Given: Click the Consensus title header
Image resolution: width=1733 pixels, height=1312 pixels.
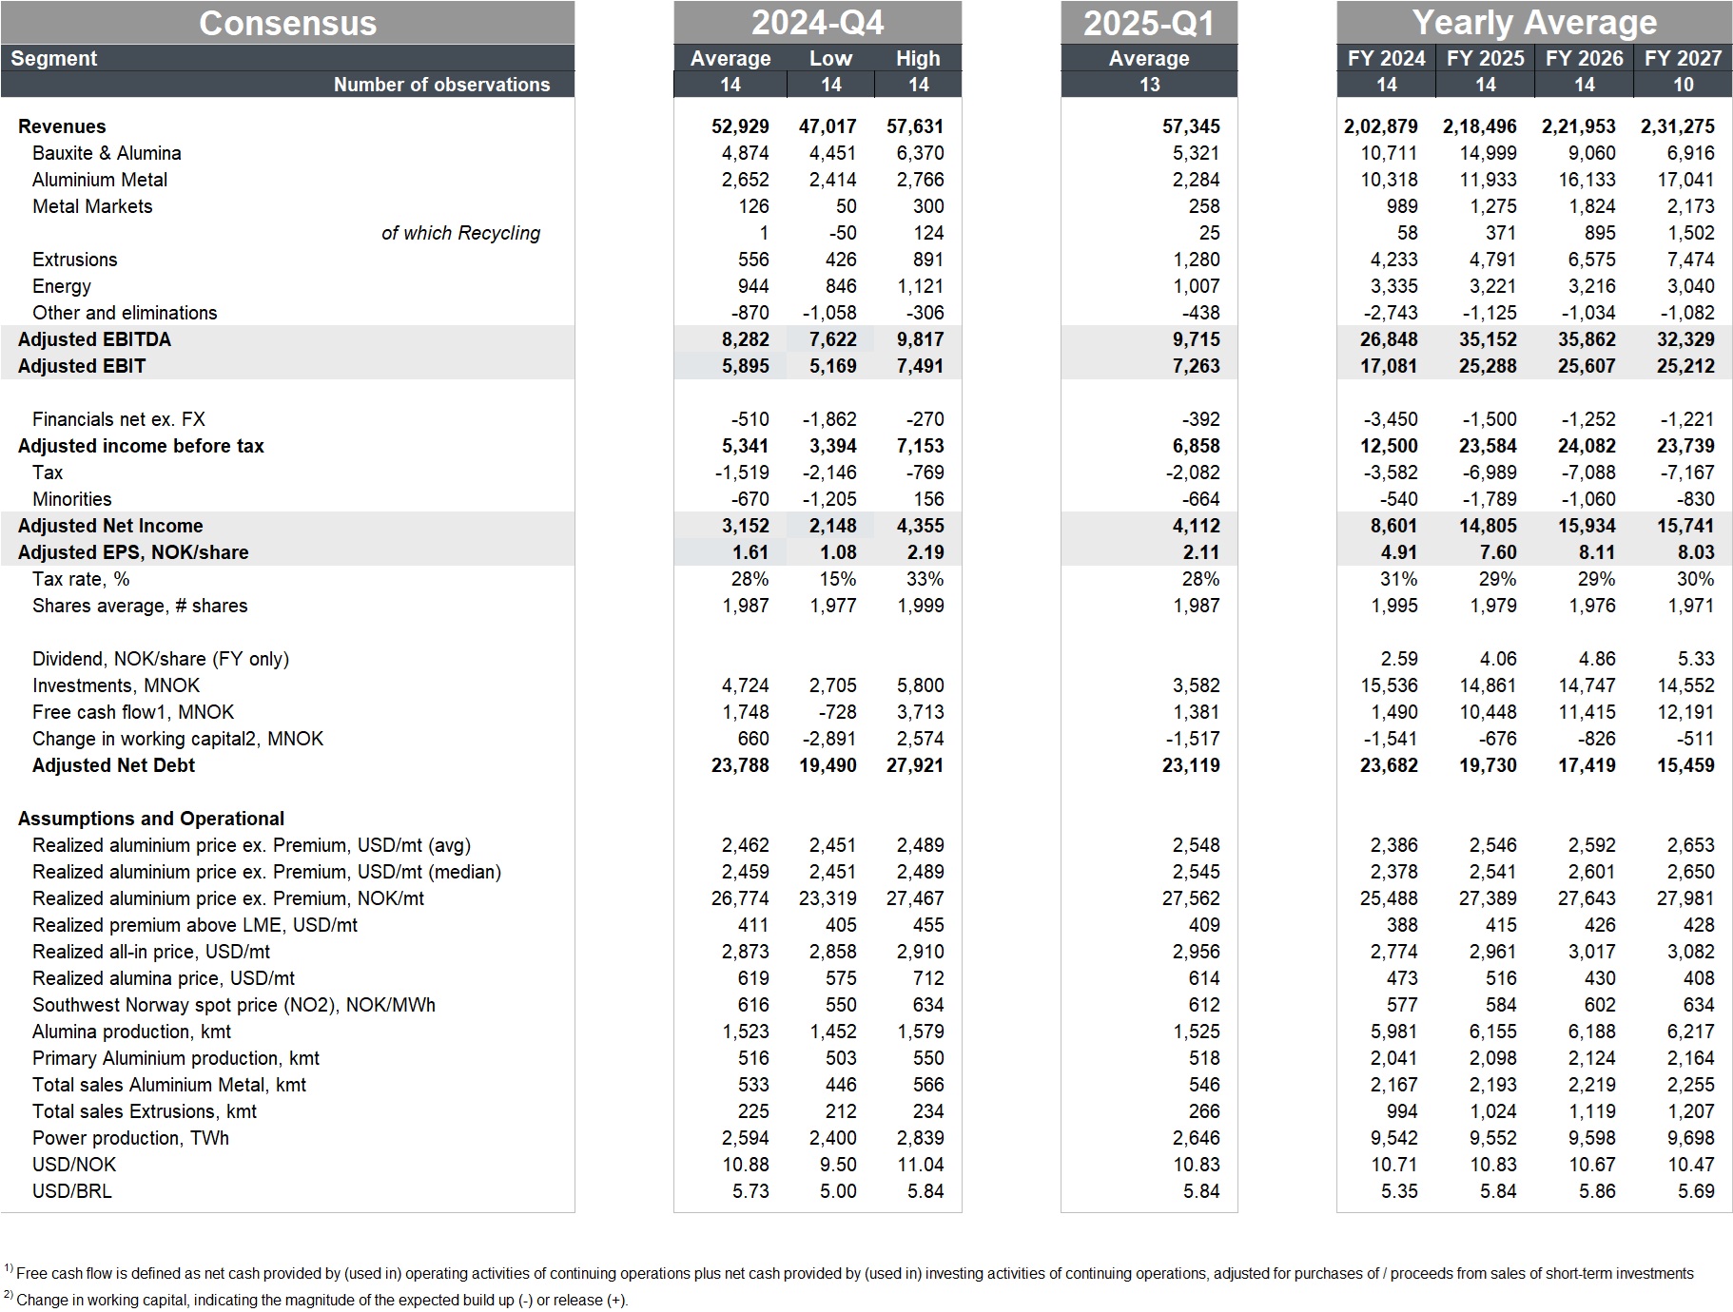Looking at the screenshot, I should [287, 23].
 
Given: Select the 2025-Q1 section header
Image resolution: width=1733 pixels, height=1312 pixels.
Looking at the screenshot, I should [1149, 23].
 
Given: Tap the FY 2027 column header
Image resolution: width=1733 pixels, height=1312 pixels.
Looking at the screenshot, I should [1683, 58].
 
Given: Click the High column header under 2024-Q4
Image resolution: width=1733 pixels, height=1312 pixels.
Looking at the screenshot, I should [918, 58].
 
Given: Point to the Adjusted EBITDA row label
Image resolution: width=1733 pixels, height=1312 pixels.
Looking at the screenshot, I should [94, 339].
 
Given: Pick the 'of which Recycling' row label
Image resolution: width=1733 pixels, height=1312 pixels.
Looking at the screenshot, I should [460, 233].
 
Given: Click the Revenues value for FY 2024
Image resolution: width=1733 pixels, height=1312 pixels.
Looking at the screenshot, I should [1380, 126].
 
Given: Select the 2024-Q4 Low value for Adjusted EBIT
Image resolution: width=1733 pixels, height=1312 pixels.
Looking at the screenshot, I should [832, 366].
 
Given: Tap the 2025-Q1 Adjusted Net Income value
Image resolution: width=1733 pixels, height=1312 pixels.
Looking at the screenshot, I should [1191, 526].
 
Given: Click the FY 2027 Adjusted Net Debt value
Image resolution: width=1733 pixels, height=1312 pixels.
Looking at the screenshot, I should [1685, 765].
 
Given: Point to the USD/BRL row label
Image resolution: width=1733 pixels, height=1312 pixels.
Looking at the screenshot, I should [71, 1191].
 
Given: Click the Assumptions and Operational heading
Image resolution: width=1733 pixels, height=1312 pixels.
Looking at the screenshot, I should [150, 819].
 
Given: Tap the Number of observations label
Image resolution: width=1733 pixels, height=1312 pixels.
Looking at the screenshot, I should [441, 85].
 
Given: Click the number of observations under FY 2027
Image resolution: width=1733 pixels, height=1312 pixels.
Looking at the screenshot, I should [1683, 85].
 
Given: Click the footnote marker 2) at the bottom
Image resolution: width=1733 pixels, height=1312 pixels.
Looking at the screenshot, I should [9, 1296].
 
